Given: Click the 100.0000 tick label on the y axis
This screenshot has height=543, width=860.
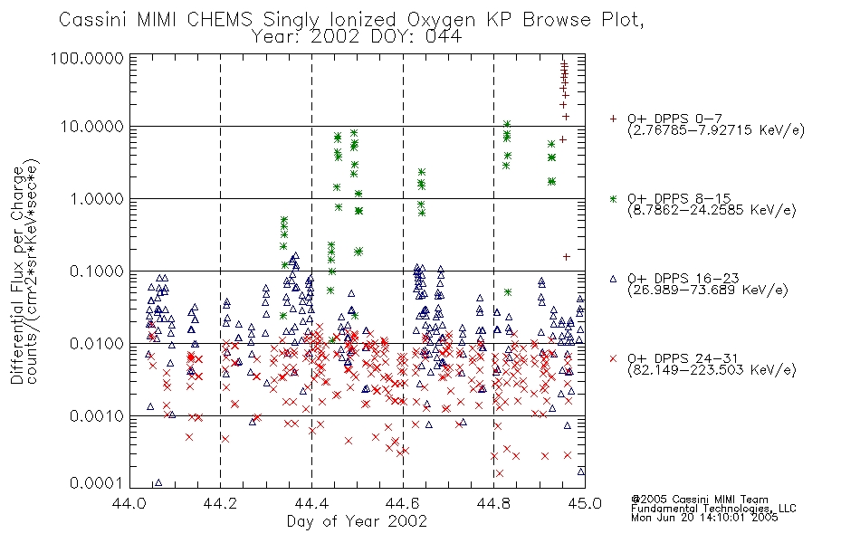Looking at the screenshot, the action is pyautogui.click(x=87, y=58).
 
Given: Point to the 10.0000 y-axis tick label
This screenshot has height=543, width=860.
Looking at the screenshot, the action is pyautogui.click(x=92, y=127).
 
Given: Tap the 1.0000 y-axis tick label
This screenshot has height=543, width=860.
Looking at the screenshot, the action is pyautogui.click(x=97, y=199).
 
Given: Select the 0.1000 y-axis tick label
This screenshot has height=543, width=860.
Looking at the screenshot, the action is pyautogui.click(x=97, y=271).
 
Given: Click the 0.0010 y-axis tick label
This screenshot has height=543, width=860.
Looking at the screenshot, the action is pyautogui.click(x=97, y=416).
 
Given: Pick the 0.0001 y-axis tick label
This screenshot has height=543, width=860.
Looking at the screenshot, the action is pyautogui.click(x=97, y=483).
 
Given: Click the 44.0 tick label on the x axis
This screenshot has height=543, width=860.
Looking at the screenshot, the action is pyautogui.click(x=129, y=503).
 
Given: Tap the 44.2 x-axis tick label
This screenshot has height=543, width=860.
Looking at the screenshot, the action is pyautogui.click(x=221, y=503).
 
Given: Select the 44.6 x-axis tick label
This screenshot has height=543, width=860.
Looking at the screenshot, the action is pyautogui.click(x=403, y=503).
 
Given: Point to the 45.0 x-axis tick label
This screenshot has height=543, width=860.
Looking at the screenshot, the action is pyautogui.click(x=585, y=503).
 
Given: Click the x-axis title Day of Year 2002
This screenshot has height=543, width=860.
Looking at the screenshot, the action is pyautogui.click(x=357, y=521).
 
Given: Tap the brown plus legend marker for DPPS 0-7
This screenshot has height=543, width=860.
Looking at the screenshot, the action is pyautogui.click(x=614, y=119).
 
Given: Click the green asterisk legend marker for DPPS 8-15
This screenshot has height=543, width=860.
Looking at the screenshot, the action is pyautogui.click(x=614, y=198).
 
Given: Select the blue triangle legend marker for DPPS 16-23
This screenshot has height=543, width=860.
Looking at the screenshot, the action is pyautogui.click(x=614, y=279).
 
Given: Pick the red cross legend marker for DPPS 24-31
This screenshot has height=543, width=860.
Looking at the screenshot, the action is pyautogui.click(x=614, y=358).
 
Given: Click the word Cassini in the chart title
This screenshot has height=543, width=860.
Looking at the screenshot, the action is pyautogui.click(x=93, y=20).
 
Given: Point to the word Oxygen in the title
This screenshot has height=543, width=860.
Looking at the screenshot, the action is pyautogui.click(x=442, y=21).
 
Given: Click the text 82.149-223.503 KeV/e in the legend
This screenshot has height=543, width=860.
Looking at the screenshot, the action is pyautogui.click(x=712, y=370).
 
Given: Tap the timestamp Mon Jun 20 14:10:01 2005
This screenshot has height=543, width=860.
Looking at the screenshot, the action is pyautogui.click(x=704, y=518).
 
